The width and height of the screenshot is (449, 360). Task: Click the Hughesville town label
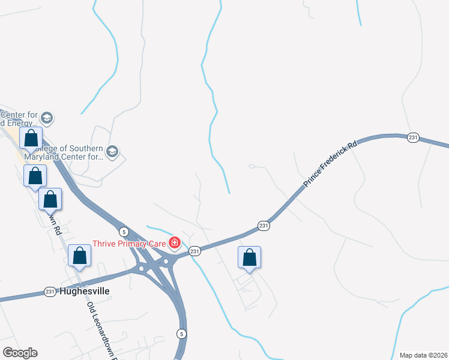click(x=84, y=292)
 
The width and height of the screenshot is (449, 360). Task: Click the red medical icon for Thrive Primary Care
click(x=175, y=243)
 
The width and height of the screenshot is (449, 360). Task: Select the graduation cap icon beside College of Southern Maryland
click(x=112, y=152)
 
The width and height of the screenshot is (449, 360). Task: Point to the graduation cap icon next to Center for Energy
click(x=47, y=118)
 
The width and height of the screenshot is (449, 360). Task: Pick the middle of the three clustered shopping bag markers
click(x=35, y=176)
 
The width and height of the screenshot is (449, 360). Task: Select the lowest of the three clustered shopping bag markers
click(x=50, y=199)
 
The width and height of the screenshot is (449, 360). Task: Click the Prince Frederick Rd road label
click(x=330, y=163)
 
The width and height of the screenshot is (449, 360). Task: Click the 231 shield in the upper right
click(x=413, y=137)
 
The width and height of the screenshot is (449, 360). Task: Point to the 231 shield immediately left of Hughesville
click(x=50, y=292)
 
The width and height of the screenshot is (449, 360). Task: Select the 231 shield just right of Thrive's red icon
click(x=194, y=251)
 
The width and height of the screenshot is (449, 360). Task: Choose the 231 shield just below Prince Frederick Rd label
click(x=264, y=226)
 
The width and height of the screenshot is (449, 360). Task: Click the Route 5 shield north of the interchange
click(x=123, y=232)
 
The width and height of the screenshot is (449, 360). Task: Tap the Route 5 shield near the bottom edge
click(x=181, y=334)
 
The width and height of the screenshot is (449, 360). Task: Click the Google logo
click(x=20, y=353)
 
